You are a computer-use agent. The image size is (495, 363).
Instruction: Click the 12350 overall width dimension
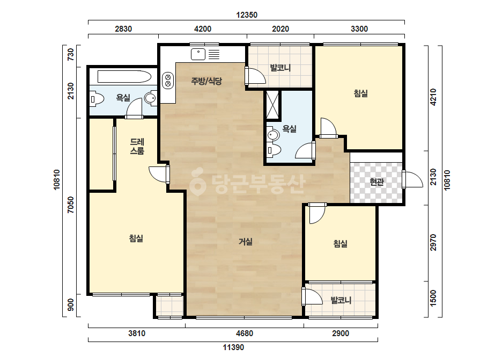[247, 15]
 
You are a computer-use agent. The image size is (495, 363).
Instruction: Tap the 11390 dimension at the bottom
[233, 347]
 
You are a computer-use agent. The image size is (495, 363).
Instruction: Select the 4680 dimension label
[245, 333]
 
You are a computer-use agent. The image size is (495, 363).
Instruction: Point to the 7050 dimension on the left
[70, 205]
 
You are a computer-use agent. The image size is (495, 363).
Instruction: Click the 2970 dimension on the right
[433, 243]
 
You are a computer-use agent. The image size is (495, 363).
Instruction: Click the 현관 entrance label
[376, 182]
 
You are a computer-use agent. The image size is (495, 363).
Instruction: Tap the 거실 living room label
[245, 242]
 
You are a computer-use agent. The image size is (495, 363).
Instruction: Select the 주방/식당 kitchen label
[206, 81]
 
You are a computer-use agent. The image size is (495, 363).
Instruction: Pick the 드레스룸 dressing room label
[137, 147]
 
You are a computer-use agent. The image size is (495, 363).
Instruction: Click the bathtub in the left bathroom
[124, 77]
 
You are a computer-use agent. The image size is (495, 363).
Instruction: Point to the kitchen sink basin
[198, 54]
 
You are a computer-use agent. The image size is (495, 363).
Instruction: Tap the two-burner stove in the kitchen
[168, 81]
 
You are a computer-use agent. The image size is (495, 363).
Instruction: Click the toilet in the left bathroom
[97, 99]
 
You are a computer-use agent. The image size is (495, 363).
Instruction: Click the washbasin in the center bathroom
[273, 135]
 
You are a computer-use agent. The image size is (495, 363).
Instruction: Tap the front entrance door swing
[412, 179]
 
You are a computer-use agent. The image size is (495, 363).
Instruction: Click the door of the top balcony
[255, 76]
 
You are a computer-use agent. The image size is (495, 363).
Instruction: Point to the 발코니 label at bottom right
[341, 300]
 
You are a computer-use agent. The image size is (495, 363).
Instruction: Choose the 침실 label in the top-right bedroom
[360, 93]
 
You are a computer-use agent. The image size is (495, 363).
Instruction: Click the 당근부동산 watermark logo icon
[197, 182]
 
